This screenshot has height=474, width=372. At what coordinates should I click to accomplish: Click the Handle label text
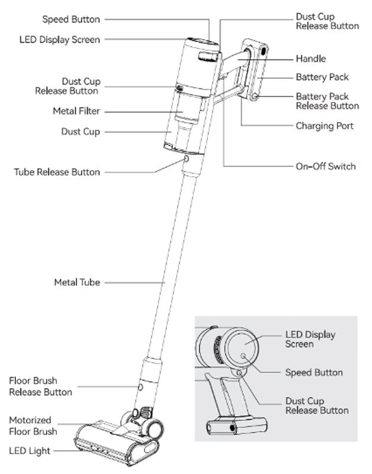pyautogui.click(x=310, y=59)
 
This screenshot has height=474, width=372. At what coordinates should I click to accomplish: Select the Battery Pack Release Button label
pyautogui.click(x=327, y=101)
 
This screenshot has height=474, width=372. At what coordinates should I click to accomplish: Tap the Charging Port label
pyautogui.click(x=325, y=126)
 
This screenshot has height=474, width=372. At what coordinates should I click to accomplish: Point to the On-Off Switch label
pyautogui.click(x=326, y=166)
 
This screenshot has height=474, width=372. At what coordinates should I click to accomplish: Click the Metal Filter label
pyautogui.click(x=76, y=111)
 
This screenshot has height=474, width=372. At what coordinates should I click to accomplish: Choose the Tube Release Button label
pyautogui.click(x=57, y=172)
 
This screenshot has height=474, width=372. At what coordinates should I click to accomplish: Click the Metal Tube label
pyautogui.click(x=77, y=283)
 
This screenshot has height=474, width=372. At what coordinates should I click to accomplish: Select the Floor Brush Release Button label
pyautogui.click(x=40, y=386)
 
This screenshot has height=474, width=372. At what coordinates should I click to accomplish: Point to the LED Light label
pyautogui.click(x=30, y=451)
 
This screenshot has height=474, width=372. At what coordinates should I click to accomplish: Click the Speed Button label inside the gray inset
pyautogui.click(x=314, y=373)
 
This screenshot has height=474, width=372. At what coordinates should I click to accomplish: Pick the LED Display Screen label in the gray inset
pyautogui.click(x=310, y=339)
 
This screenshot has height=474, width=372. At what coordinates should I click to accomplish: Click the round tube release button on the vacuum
pyautogui.click(x=187, y=159)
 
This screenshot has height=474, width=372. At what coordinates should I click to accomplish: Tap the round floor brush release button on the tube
pyautogui.click(x=140, y=386)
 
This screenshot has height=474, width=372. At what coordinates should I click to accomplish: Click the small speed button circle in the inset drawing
pyautogui.click(x=243, y=355)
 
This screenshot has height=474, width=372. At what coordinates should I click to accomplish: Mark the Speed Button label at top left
pyautogui.click(x=71, y=20)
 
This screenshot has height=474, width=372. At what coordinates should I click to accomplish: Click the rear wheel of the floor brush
pyautogui.click(x=155, y=427)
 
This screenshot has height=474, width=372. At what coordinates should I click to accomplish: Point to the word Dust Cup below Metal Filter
pyautogui.click(x=81, y=132)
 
